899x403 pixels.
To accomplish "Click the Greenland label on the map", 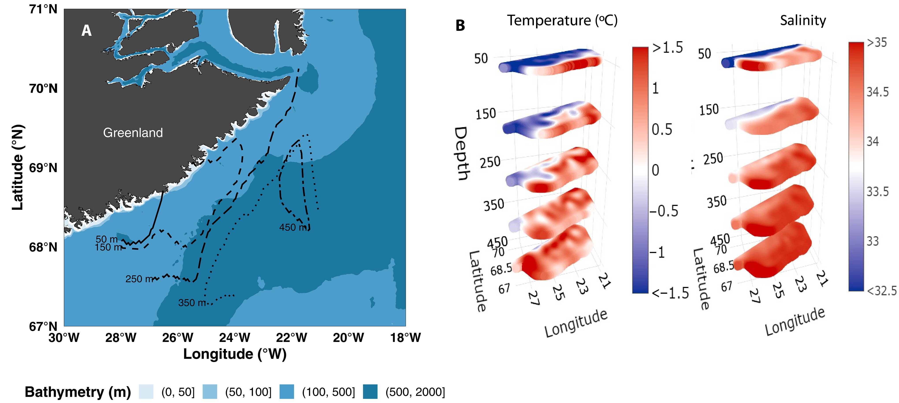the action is [133, 133].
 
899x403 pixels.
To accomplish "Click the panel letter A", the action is [87, 31].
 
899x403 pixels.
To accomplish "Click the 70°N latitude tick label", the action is [43, 89].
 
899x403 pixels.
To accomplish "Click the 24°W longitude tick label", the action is [234, 337].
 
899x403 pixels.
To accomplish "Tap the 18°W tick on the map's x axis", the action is [405, 337].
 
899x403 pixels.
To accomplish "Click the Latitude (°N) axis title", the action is [17, 167].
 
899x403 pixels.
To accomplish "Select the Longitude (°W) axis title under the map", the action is [235, 354].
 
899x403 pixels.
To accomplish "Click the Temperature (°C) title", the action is [562, 20].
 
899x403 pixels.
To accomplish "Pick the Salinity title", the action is [803, 20].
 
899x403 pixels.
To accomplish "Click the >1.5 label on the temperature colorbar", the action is [668, 47].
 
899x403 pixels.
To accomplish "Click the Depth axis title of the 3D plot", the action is [461, 154].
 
